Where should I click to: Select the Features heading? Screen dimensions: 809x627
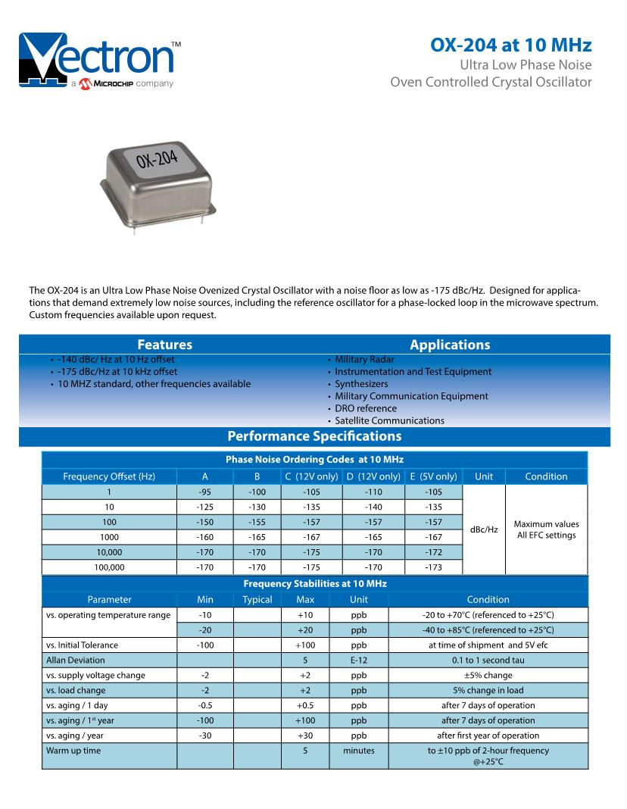164,345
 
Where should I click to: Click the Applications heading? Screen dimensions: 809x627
450,345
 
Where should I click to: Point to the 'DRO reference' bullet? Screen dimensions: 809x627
365,408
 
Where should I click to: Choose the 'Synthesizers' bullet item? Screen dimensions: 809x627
361,384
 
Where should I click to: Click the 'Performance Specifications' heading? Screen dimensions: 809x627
314,436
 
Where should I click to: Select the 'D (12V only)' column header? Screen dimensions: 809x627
373,476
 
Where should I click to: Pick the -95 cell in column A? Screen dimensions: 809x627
204,492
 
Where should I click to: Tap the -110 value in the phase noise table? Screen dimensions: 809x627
373,492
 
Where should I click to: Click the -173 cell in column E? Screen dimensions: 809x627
433,567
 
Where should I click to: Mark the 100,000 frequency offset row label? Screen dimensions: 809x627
109,567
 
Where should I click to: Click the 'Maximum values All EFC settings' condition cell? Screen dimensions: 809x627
546,529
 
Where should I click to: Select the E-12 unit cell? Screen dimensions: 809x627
358,661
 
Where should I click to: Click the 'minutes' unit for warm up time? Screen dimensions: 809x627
358,751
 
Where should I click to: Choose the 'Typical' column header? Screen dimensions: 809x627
257,599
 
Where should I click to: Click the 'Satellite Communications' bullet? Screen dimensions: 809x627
389,420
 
